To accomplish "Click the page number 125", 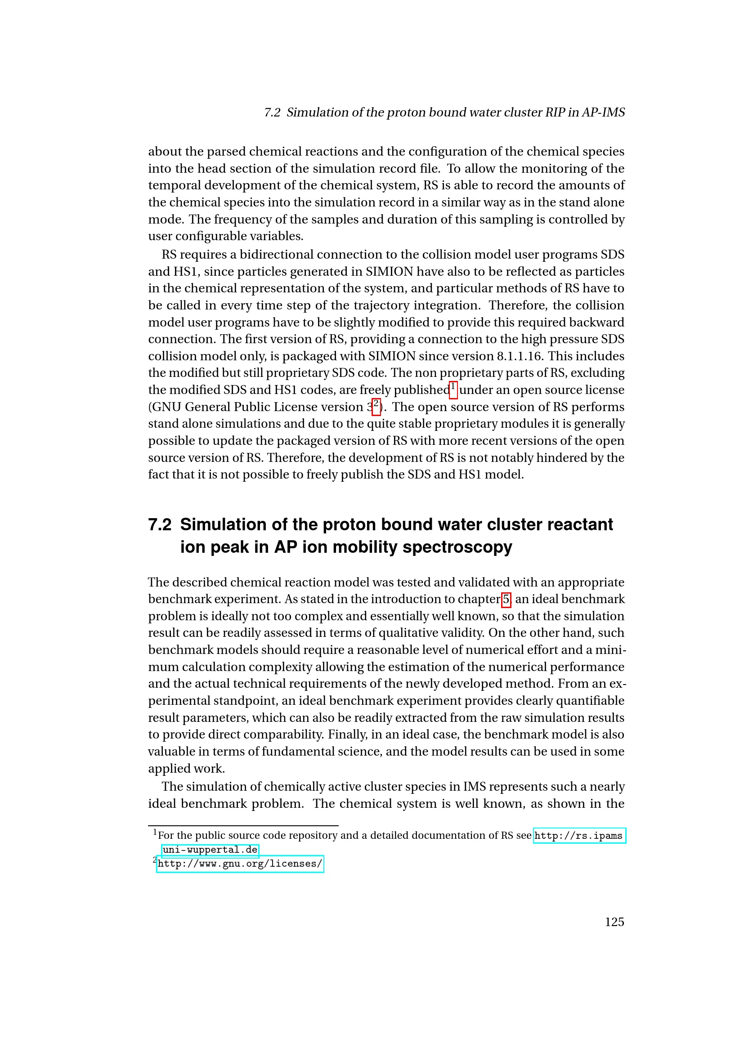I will coord(614,922).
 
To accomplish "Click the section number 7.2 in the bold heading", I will coord(159,524).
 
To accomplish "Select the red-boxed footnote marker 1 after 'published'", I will coord(453,389).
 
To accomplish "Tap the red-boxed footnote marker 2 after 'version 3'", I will coord(376,407).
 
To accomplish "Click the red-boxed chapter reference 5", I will coord(506,599).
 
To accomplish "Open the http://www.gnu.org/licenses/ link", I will coord(240,864).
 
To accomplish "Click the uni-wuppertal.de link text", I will coord(210,850).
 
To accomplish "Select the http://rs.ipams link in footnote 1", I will coord(578,836).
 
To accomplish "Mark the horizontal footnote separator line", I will coord(243,825).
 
